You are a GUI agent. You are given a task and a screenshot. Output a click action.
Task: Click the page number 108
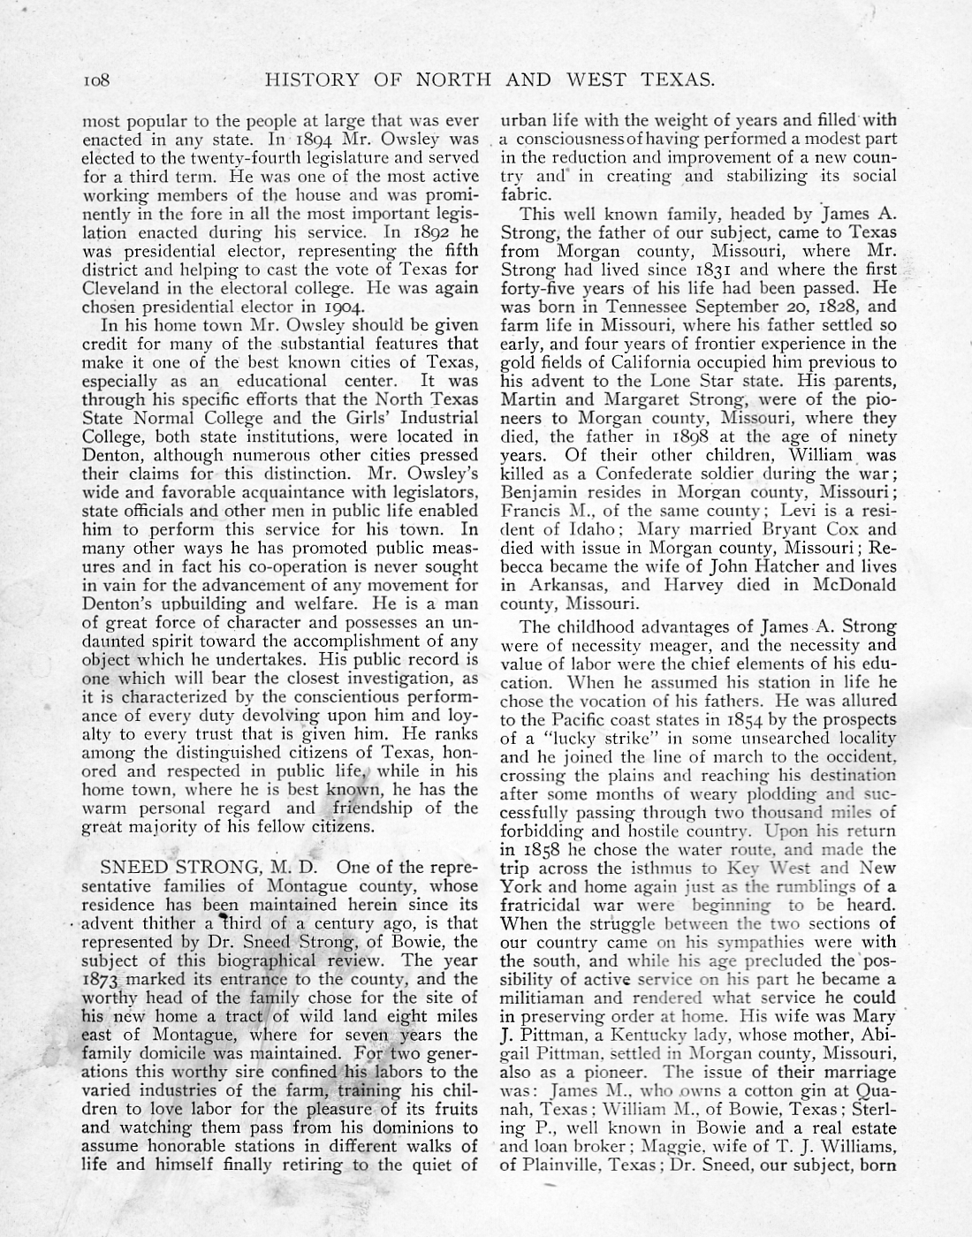[x=95, y=80]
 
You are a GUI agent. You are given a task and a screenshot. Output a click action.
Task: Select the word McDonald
[x=849, y=584]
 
